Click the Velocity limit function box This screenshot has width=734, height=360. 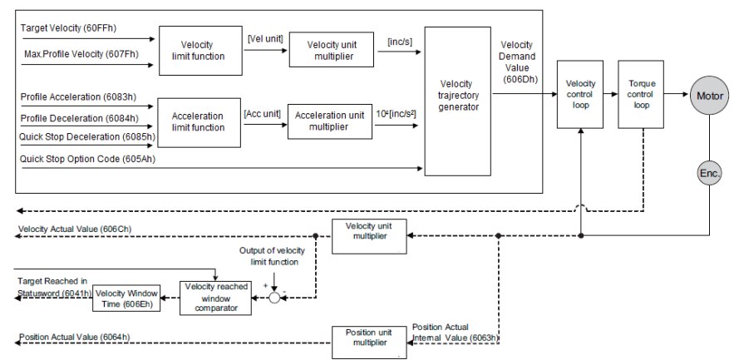click(x=200, y=51)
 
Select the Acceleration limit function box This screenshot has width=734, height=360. click(x=199, y=123)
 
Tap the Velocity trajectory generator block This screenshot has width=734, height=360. click(x=457, y=101)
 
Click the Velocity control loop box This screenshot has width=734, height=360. click(x=580, y=94)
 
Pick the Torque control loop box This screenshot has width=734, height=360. click(x=641, y=94)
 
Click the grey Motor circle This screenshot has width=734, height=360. click(x=710, y=96)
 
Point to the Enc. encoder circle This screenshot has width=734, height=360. click(x=709, y=173)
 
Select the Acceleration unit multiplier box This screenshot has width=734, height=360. click(x=329, y=121)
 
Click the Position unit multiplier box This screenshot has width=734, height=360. click(x=369, y=343)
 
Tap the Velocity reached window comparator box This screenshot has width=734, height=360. click(x=216, y=298)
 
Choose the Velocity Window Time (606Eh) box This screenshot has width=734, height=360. click(x=126, y=298)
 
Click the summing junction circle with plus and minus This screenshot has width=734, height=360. click(x=275, y=298)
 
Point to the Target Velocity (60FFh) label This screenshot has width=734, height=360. click(x=68, y=28)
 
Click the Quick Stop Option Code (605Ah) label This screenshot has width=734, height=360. click(x=87, y=159)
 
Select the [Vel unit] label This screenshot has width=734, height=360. click(x=265, y=38)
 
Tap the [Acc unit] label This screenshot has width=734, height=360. click(x=262, y=113)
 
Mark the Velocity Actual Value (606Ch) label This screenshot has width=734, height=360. click(x=75, y=229)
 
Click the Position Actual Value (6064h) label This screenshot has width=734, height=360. click(x=75, y=337)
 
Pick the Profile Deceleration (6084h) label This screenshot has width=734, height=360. click(x=80, y=118)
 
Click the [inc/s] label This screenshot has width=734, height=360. click(x=400, y=42)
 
